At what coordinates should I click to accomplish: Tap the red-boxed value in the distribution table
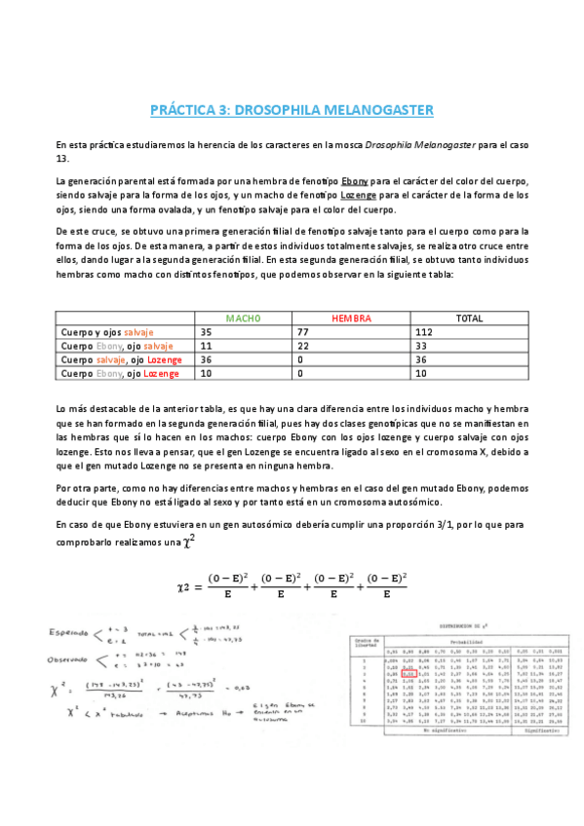point(410,671)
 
